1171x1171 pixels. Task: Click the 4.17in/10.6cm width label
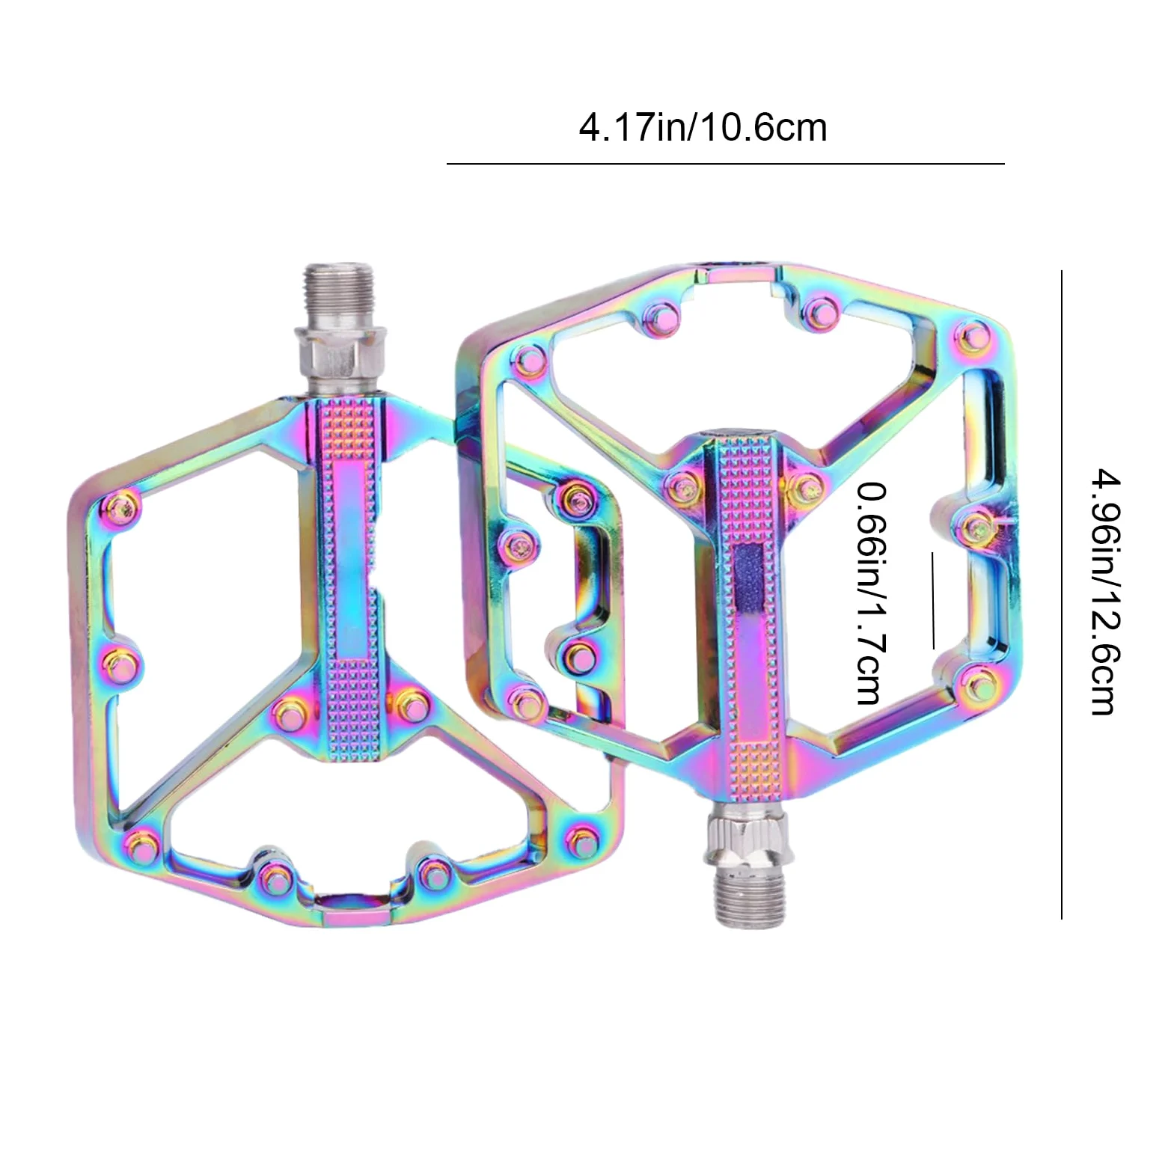pos(703,127)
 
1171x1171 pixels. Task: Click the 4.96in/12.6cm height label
pos(1105,592)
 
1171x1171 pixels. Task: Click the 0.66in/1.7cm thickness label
pos(872,593)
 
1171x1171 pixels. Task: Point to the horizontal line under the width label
pos(725,163)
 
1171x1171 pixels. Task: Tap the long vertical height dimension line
pos(1061,595)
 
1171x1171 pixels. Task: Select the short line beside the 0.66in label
pos(933,600)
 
